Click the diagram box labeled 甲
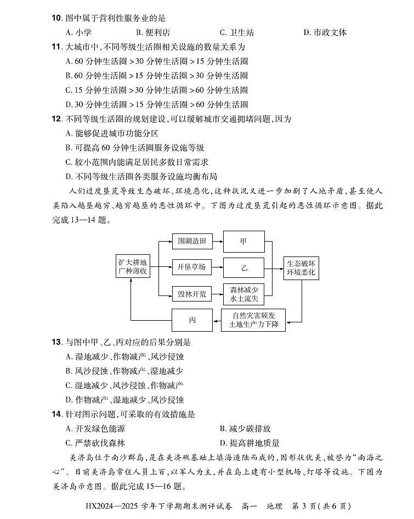coord(244,241)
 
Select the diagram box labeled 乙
coord(244,267)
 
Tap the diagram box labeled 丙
coord(192,320)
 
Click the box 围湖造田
coord(191,241)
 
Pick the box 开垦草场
coord(191,267)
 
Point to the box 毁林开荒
coord(191,294)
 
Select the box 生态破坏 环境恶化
coord(302,268)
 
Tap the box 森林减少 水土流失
coord(244,294)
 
